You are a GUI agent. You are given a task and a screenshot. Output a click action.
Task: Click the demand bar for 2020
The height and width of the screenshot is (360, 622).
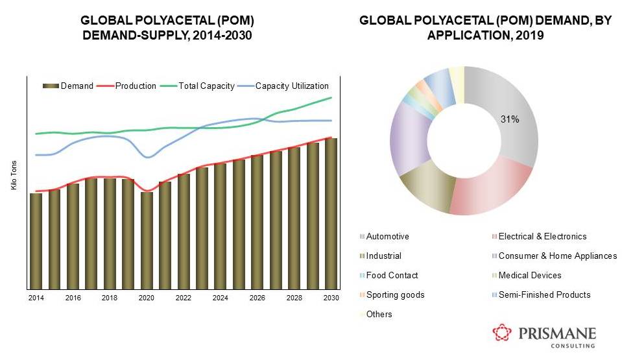pos(147,240)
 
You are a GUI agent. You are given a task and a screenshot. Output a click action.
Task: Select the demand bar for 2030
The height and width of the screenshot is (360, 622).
pos(331,213)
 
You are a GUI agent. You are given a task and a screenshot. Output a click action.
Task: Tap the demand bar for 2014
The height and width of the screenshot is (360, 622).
pos(36,241)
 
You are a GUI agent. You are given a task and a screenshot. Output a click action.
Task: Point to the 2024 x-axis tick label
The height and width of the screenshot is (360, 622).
pos(220,297)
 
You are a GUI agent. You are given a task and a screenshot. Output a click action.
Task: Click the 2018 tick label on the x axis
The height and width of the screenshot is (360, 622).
pos(110,297)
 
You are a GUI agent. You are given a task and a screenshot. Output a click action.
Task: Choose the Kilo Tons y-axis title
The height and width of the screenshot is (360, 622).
pos(14,176)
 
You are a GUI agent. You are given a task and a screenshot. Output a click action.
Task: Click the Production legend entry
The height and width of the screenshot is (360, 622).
pos(130,86)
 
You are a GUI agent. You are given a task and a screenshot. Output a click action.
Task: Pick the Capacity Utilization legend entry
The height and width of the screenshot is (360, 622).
pos(286,86)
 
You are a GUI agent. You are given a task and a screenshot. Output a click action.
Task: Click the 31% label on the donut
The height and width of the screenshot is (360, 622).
pos(509,119)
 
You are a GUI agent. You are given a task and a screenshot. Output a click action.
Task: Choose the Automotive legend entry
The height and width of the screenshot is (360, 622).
pos(387,237)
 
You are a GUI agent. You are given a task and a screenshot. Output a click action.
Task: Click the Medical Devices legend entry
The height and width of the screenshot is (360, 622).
pos(529,276)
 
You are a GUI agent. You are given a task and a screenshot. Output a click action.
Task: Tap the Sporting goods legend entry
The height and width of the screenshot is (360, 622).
pos(395,295)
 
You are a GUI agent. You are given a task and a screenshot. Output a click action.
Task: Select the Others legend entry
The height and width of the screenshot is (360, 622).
pos(379,315)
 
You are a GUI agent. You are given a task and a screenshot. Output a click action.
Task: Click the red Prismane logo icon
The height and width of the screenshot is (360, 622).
pos(502,334)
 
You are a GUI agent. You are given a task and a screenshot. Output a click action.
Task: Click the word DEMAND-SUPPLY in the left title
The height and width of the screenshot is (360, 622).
pos(126,35)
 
